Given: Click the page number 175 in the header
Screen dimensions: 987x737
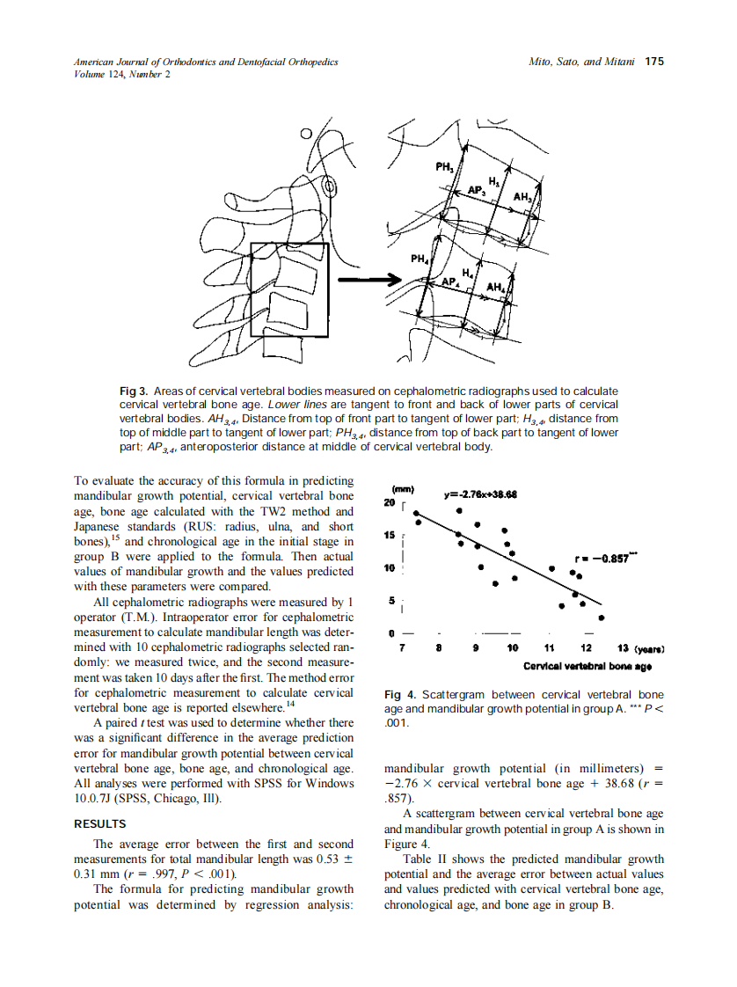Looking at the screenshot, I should coord(654,62).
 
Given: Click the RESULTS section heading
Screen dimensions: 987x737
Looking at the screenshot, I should coord(99,824).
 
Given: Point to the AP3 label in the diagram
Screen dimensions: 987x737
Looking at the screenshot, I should coord(476,190).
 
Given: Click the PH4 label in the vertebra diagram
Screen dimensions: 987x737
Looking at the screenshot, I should coord(420,260).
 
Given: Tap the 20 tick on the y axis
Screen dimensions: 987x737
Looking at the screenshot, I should coord(390,503).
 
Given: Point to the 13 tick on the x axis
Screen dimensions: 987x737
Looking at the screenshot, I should coord(622,649).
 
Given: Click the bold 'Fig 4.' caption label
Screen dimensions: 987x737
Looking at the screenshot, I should coord(400,695).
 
